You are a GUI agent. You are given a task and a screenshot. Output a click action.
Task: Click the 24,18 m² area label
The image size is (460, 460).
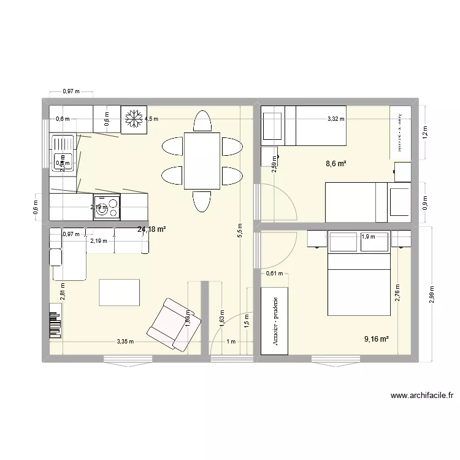152,229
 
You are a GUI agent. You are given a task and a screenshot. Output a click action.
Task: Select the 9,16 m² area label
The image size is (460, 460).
377,338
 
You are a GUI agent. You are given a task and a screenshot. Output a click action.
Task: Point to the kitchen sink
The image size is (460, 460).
62,152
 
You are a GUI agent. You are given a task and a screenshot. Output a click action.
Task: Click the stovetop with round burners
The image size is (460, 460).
107,205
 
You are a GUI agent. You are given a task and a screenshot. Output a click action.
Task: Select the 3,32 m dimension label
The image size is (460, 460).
335,120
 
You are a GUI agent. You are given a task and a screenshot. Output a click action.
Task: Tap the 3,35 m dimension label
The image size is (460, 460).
126,341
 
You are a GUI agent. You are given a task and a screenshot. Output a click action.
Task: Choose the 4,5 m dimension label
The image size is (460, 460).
151,120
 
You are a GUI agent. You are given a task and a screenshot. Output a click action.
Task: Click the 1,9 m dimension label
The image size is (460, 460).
368,237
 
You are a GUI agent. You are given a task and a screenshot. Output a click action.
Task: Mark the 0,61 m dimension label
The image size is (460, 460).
274,274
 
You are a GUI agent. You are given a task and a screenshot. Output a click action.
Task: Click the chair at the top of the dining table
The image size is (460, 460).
202,120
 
